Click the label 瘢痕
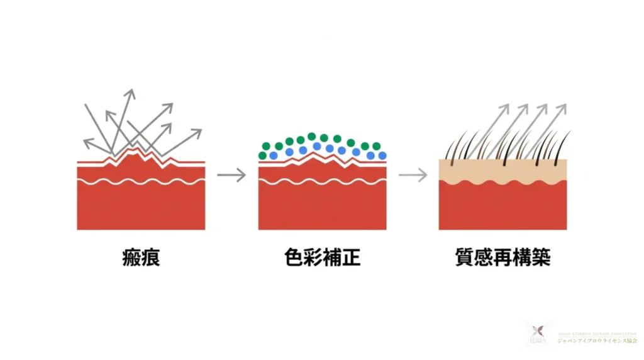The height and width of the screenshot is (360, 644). pos(141,258)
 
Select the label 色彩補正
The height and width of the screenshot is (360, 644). pos(322,258)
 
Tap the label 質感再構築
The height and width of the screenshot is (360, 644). pos(502,258)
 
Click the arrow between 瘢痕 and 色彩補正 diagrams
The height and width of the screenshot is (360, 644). pos(231,175)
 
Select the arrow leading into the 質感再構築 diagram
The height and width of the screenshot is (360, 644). pos(413,175)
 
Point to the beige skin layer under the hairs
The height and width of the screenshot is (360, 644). pos(502,170)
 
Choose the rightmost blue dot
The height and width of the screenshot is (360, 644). pos(382,155)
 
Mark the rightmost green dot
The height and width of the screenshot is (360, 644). pos(376,146)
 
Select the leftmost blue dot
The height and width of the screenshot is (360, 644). pos(274,155)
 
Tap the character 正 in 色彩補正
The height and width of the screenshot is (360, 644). pos(352,258)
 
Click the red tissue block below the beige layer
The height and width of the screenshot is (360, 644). pos(502,208)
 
